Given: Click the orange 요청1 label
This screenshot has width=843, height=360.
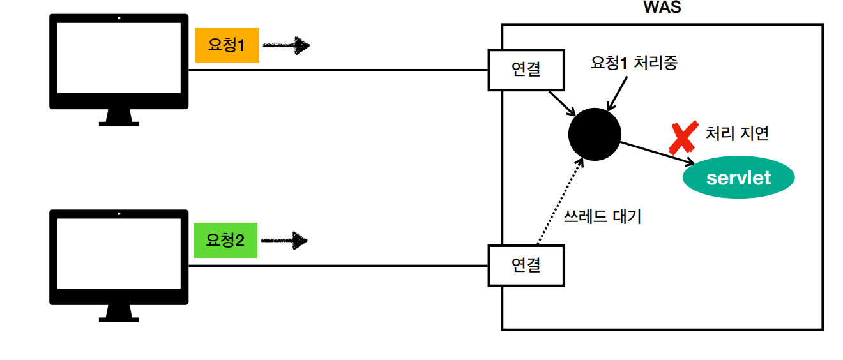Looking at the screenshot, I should click(227, 46).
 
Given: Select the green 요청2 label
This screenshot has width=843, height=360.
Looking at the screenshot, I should click(225, 241).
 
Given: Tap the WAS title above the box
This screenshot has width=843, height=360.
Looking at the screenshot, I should click(662, 8).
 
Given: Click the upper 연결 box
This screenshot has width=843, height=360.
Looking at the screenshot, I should click(526, 70).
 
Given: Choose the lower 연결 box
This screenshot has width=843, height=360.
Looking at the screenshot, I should click(526, 265).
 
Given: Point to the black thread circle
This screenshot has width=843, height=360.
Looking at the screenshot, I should click(595, 134).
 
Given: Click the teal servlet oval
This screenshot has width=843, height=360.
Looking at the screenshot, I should click(738, 177).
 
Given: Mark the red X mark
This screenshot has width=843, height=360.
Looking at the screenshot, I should click(683, 137).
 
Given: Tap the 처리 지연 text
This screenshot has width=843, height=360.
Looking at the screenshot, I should click(737, 133).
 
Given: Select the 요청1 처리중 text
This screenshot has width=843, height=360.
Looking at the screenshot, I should click(634, 63).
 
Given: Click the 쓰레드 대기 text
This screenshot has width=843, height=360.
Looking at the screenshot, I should click(602, 217).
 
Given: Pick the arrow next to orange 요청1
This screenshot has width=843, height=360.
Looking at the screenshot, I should click(286, 45).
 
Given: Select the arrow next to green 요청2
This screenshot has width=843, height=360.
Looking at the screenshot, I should click(285, 241).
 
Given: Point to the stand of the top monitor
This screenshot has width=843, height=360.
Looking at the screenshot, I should click(119, 117).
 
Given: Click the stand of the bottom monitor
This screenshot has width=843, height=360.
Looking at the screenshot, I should click(119, 312).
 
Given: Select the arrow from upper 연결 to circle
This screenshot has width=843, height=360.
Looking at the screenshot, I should click(561, 103).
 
